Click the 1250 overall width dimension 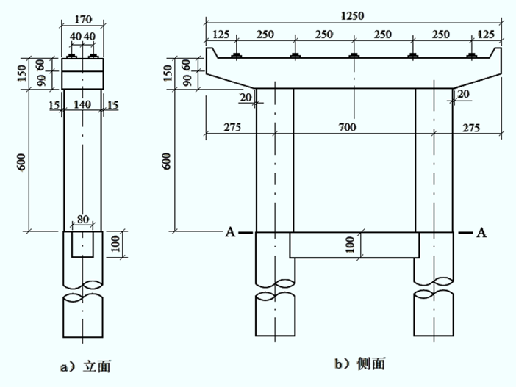pyautogui.click(x=352, y=15)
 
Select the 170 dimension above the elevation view pyautogui.click(x=82, y=19)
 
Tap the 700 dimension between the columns pyautogui.click(x=348, y=127)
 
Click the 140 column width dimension pyautogui.click(x=82, y=104)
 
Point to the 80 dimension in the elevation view pyautogui.click(x=83, y=219)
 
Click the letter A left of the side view pyautogui.click(x=230, y=233)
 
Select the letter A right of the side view pyautogui.click(x=481, y=233)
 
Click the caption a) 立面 pyautogui.click(x=85, y=366)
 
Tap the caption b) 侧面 pyautogui.click(x=360, y=364)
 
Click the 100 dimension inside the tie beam pyautogui.click(x=351, y=245)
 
